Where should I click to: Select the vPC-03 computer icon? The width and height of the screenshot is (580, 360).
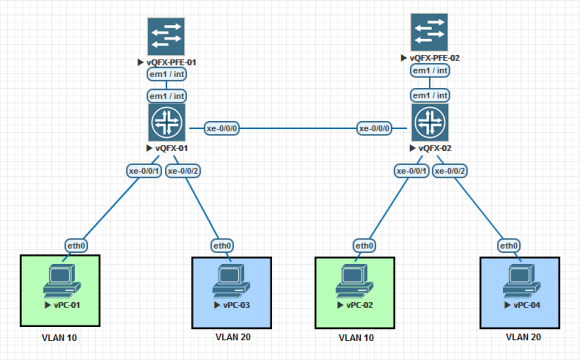click(x=231, y=279)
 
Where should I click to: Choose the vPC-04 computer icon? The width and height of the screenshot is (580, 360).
click(x=519, y=279)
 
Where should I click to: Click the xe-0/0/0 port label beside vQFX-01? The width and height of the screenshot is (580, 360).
click(x=222, y=128)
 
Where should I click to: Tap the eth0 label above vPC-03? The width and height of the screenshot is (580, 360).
click(x=222, y=245)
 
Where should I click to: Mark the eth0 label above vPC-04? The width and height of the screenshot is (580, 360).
click(x=509, y=245)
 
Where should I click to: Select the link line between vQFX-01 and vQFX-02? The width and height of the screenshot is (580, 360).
click(x=300, y=128)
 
